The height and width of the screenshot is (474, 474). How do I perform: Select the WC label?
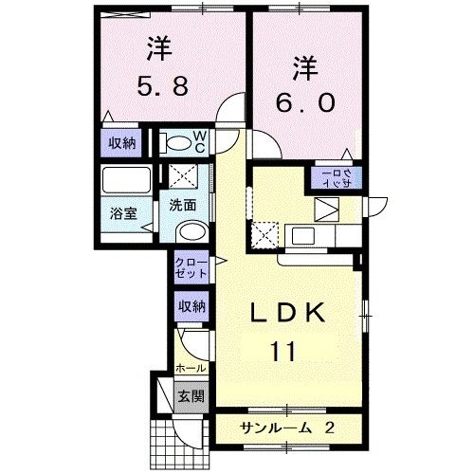point(201,142)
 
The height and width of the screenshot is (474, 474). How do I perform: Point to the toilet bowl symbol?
point(176,144)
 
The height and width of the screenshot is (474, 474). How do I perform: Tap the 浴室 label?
point(122,213)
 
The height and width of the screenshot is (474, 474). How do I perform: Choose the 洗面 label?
point(183,204)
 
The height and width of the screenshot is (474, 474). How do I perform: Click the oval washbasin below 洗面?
point(191,233)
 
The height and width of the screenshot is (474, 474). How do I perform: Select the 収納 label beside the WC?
point(119,144)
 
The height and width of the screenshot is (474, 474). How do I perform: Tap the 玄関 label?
point(191,395)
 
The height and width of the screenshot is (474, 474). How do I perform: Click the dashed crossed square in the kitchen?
point(266,233)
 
